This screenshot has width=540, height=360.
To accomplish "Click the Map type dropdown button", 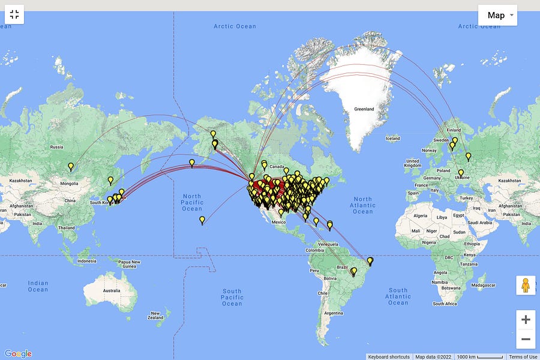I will click(x=497, y=16).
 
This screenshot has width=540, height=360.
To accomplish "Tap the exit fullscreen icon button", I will click(x=14, y=15).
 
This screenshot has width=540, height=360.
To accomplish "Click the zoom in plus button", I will click(x=526, y=320).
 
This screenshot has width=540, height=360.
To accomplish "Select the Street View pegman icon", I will click(x=526, y=286).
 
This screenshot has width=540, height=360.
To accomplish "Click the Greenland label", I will click(x=364, y=109).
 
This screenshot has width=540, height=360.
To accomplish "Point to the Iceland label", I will click(x=392, y=139).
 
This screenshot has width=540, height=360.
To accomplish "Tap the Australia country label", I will click(x=111, y=291).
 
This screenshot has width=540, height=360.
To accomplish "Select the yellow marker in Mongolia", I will click(x=71, y=167).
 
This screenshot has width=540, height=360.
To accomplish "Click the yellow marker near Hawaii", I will click(x=202, y=220).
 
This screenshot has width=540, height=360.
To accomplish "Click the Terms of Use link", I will click(x=523, y=357).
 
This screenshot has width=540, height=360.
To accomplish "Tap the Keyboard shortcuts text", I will click(x=389, y=357).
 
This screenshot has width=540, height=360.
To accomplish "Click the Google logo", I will click(x=17, y=354).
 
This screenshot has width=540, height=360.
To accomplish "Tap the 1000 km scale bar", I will click(x=479, y=357).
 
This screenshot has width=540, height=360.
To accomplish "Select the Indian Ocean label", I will click(x=37, y=286).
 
